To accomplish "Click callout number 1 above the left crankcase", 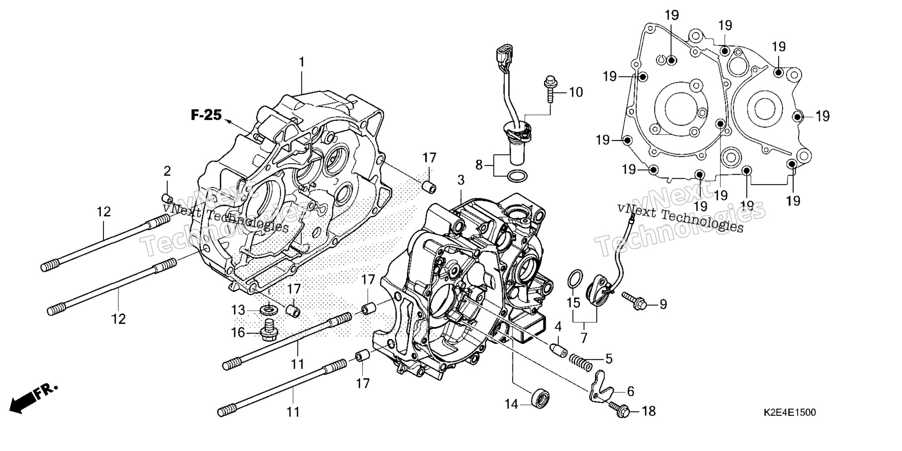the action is pos(301,62).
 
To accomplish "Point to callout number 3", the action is pos(461,180).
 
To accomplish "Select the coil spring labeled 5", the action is pos(580,362).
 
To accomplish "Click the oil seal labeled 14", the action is pos(541,397).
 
